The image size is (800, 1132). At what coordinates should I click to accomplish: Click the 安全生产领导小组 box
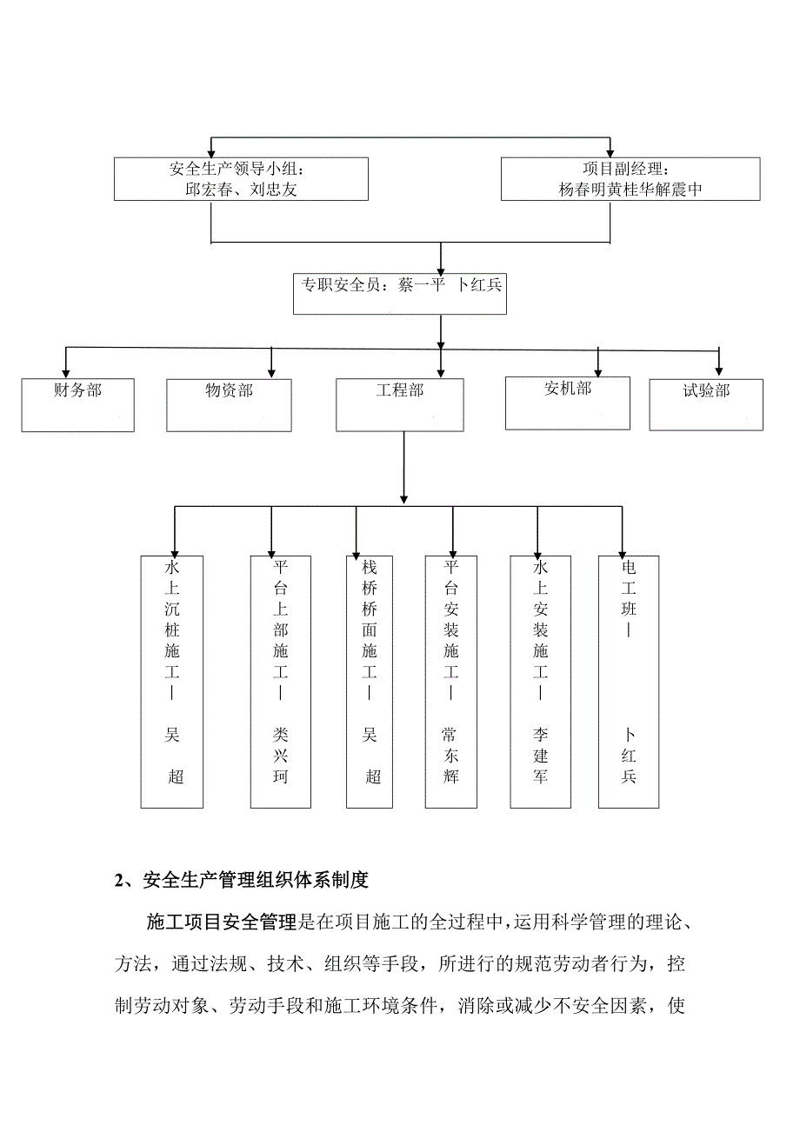click(241, 179)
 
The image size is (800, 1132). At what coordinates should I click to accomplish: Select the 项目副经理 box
click(630, 179)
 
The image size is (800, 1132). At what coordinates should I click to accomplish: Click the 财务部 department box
click(78, 405)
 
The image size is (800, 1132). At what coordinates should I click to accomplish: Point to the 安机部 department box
click(567, 403)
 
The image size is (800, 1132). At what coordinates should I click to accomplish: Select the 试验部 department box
click(706, 405)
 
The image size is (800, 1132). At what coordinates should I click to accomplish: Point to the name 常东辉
click(450, 756)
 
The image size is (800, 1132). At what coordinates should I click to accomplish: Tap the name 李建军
click(540, 756)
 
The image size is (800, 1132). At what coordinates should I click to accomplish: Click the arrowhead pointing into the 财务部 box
click(65, 371)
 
